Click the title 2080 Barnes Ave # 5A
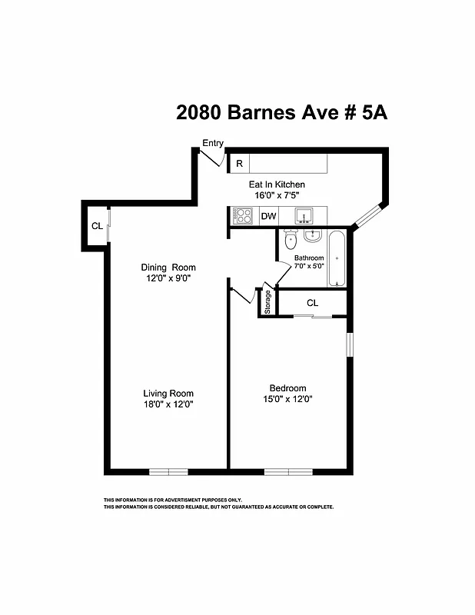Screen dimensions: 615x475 [x=281, y=113]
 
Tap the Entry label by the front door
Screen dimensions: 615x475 [x=213, y=143]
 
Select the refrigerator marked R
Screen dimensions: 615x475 [x=239, y=164]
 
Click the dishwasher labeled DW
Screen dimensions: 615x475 [x=268, y=216]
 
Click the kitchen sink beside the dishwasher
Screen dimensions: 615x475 [x=304, y=215]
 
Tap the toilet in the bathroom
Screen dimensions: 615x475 [x=289, y=241]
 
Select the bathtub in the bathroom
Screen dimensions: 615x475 [x=337, y=258]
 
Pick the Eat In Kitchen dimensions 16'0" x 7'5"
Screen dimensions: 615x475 [x=276, y=196]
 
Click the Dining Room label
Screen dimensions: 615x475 [x=168, y=268]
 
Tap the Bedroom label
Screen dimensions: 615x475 [x=287, y=387]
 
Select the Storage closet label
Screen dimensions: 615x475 [x=267, y=302]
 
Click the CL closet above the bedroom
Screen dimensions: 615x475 [x=312, y=303]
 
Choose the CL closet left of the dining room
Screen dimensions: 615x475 [x=97, y=226]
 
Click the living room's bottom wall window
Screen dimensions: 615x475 [x=168, y=470]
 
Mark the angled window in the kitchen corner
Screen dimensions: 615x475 [x=369, y=214]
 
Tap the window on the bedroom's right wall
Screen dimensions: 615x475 [x=348, y=344]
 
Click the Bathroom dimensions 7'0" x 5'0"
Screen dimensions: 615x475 [x=309, y=266]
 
